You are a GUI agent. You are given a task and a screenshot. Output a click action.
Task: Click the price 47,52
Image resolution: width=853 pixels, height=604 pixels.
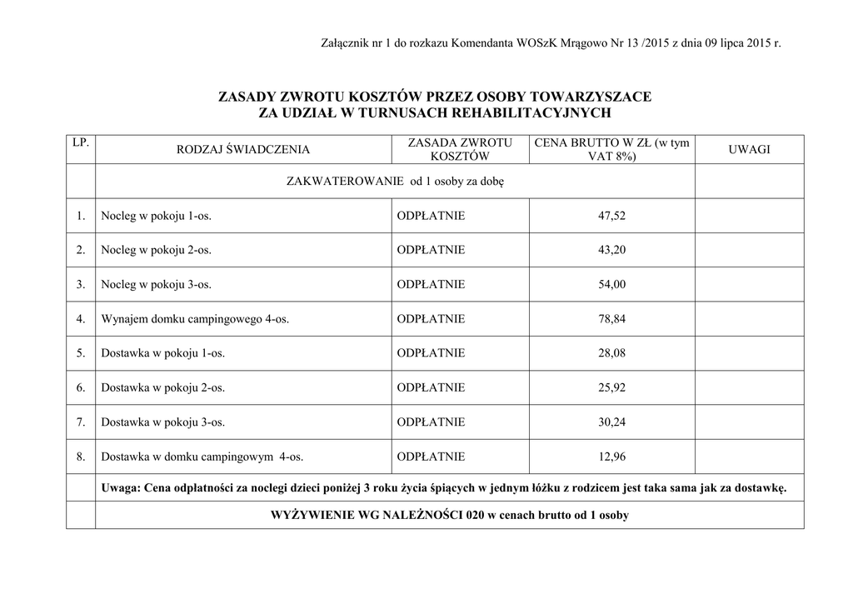pos(611,216)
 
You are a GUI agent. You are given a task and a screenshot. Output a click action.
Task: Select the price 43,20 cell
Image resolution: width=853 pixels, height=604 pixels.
pos(611,250)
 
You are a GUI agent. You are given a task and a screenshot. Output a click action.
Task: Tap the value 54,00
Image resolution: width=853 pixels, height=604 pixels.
pos(611,285)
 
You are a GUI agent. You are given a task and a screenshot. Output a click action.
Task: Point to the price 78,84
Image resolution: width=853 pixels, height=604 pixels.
pos(611,319)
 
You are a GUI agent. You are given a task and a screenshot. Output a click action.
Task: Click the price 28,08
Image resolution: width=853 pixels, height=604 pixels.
pos(611,353)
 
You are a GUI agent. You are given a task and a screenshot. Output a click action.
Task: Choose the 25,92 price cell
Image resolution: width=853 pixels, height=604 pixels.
pos(611,387)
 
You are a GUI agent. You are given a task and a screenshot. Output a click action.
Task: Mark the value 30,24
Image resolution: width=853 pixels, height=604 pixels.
pos(611,422)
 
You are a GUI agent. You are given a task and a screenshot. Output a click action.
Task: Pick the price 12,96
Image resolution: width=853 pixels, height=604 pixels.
pos(611,457)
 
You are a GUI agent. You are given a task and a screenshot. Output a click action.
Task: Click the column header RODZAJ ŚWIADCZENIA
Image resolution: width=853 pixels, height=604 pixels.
pos(243,150)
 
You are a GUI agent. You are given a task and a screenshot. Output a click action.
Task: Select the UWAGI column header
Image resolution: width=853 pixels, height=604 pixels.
pos(749,149)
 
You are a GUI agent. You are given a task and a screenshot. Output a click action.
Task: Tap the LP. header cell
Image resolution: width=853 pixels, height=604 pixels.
pos(81,143)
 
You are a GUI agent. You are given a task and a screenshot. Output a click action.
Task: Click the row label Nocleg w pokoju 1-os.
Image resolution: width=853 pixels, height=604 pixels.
pos(156,216)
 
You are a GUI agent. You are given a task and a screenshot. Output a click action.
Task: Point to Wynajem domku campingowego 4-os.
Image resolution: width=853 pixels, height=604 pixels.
pos(195,319)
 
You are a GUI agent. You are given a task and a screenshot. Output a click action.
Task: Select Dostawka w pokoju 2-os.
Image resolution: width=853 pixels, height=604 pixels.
pos(162,387)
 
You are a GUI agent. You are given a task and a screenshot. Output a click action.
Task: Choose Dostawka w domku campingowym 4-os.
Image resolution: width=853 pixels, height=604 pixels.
pos(202,457)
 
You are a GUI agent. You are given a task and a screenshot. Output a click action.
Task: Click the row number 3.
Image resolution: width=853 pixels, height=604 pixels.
pos(81,285)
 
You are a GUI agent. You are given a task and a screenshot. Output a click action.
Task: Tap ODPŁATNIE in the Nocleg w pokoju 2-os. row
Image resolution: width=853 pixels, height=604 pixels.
pos(431,250)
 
